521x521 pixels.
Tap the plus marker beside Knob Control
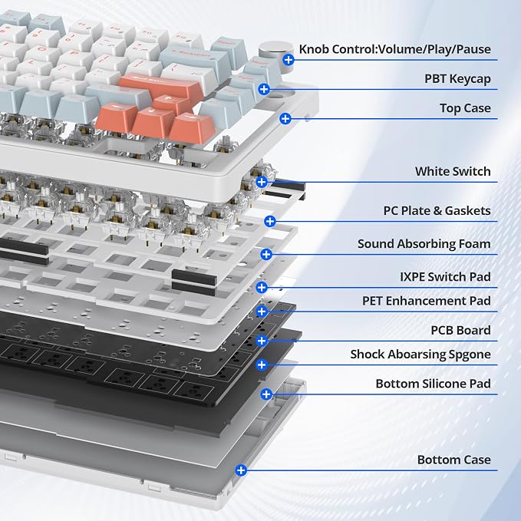coord(289,60)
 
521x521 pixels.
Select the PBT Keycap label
coord(457,79)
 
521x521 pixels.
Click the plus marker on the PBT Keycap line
coord(264,89)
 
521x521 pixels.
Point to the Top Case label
coord(465,108)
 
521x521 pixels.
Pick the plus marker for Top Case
coord(285,119)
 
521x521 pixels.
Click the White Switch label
coord(453,171)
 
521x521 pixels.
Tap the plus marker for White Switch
coord(262,182)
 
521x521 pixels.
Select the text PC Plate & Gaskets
coord(437,211)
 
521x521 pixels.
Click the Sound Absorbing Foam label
coord(424,244)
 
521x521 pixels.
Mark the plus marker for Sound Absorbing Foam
coord(266,255)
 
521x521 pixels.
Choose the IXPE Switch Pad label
coord(445,277)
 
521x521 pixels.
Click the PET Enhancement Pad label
coord(427,301)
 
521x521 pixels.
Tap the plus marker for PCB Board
coord(262,341)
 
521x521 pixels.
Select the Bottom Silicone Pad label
coord(434,384)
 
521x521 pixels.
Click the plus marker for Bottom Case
coord(241,470)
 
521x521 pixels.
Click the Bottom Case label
coord(454,460)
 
